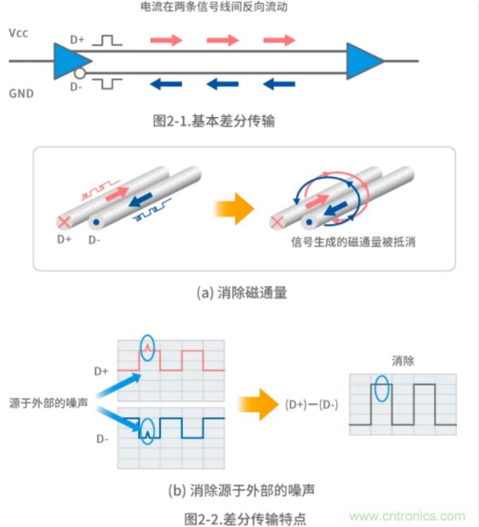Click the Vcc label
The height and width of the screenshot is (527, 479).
click(x=19, y=34)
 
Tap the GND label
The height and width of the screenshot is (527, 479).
click(x=20, y=92)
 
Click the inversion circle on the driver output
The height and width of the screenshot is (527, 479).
click(x=80, y=72)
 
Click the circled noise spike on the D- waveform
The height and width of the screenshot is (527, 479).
click(x=147, y=429)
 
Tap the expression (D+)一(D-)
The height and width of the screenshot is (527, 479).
click(x=311, y=405)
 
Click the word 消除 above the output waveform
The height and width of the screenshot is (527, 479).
click(x=403, y=361)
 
